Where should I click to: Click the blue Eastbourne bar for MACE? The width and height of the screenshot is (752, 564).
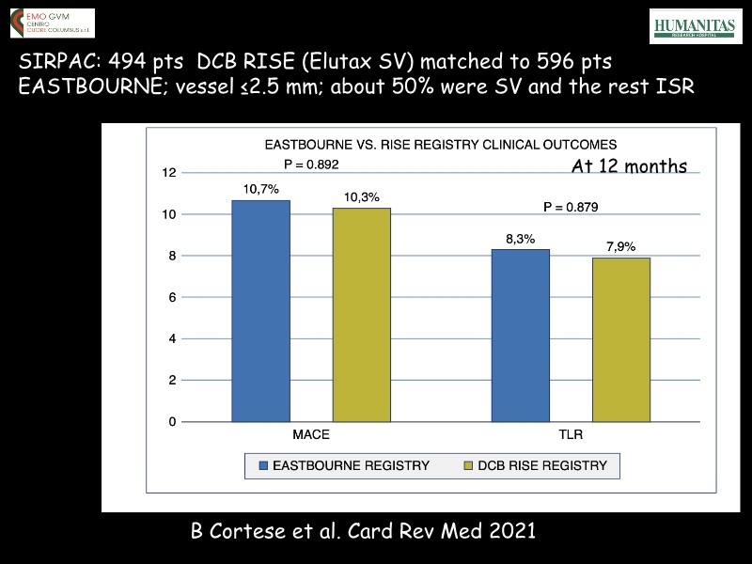pyautogui.click(x=261, y=311)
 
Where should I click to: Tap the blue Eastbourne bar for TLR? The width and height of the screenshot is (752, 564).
pyautogui.click(x=521, y=336)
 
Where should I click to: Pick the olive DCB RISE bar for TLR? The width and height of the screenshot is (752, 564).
pyautogui.click(x=620, y=339)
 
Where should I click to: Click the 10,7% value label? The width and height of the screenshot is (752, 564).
pyautogui.click(x=260, y=190)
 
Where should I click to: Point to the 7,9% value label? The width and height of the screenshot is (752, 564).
pyautogui.click(x=620, y=247)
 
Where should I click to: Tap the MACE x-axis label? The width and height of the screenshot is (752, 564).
pyautogui.click(x=310, y=436)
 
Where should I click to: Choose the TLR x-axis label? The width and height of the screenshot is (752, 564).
pyautogui.click(x=571, y=436)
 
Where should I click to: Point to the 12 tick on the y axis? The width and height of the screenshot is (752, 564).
pyautogui.click(x=168, y=173)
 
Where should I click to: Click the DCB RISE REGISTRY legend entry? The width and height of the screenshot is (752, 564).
pyautogui.click(x=537, y=465)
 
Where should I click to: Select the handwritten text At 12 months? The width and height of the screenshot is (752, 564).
pyautogui.click(x=629, y=167)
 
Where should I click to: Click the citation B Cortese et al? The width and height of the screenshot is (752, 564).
pyautogui.click(x=363, y=531)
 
